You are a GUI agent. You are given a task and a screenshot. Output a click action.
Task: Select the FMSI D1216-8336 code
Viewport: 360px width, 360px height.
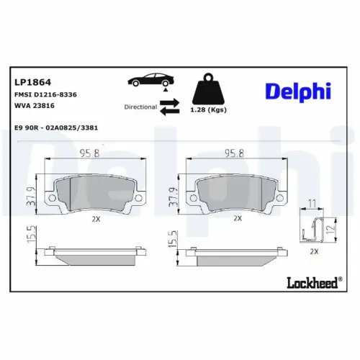pyautogui.click(x=45, y=94)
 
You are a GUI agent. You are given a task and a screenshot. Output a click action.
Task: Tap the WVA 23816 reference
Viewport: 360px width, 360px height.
pyautogui.click(x=33, y=106)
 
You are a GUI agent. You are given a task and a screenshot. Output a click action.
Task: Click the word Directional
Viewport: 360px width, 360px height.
pyautogui.click(x=140, y=107)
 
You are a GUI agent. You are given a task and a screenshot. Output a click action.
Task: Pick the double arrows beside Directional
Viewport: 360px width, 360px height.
pyautogui.click(x=169, y=107)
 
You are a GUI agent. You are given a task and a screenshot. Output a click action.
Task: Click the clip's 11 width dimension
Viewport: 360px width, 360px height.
pyautogui.click(x=312, y=204)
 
